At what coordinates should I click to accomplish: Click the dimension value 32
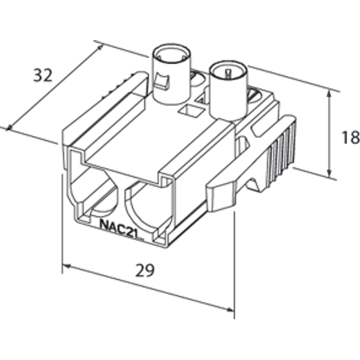point(43,75)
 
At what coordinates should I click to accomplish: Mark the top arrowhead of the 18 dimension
point(329,94)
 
